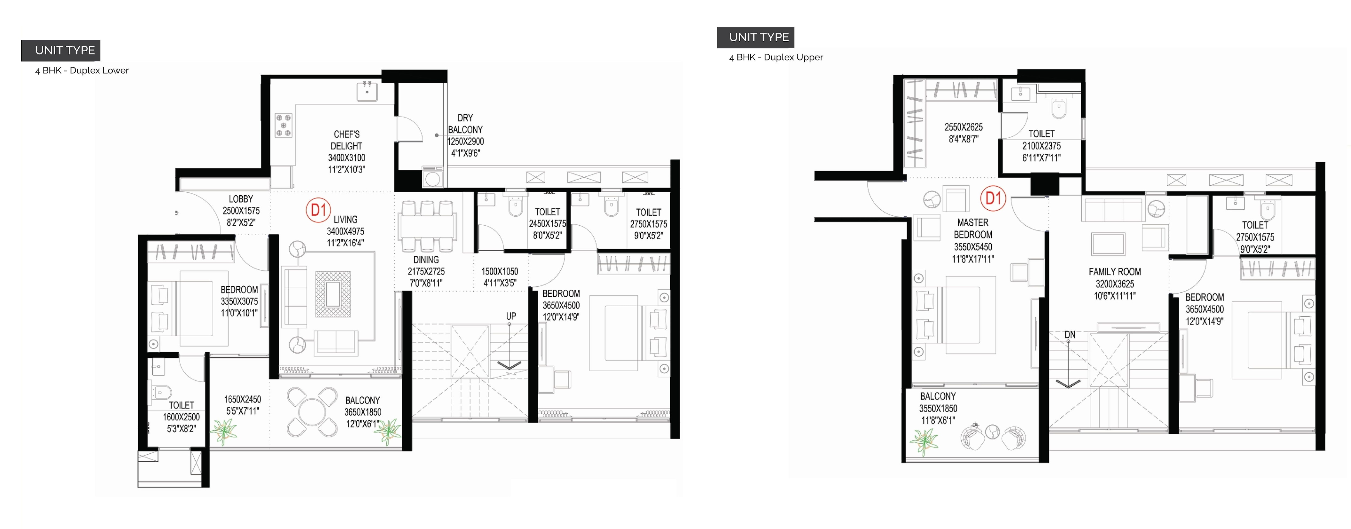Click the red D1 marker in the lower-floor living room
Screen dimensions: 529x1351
(318, 210)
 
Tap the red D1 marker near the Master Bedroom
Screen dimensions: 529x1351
(993, 199)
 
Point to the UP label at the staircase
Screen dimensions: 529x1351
(511, 316)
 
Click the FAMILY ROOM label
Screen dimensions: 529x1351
(1115, 272)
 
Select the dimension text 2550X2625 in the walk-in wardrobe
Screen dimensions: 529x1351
(964, 127)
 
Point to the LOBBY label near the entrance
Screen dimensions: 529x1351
(241, 199)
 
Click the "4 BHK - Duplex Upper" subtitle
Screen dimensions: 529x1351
(776, 57)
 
